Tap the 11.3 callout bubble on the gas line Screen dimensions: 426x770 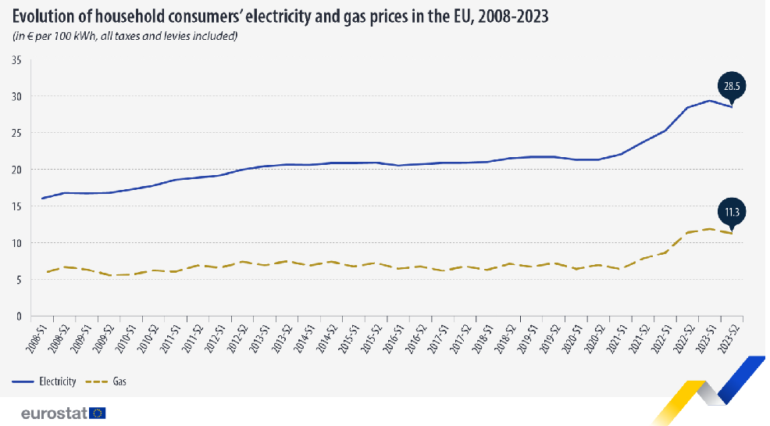click(x=731, y=212)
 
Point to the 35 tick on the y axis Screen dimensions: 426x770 click(x=16, y=60)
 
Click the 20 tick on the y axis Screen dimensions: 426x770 click(x=16, y=170)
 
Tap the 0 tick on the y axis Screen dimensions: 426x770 click(x=19, y=317)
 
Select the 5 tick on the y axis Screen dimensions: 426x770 click(x=19, y=280)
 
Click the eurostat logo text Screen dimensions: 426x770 click(x=54, y=413)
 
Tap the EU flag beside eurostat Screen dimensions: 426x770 click(x=98, y=413)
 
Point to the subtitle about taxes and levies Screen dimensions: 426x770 click(x=124, y=36)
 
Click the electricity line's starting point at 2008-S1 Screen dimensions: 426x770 click(x=42, y=199)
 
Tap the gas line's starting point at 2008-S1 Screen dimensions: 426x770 click(x=47, y=272)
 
